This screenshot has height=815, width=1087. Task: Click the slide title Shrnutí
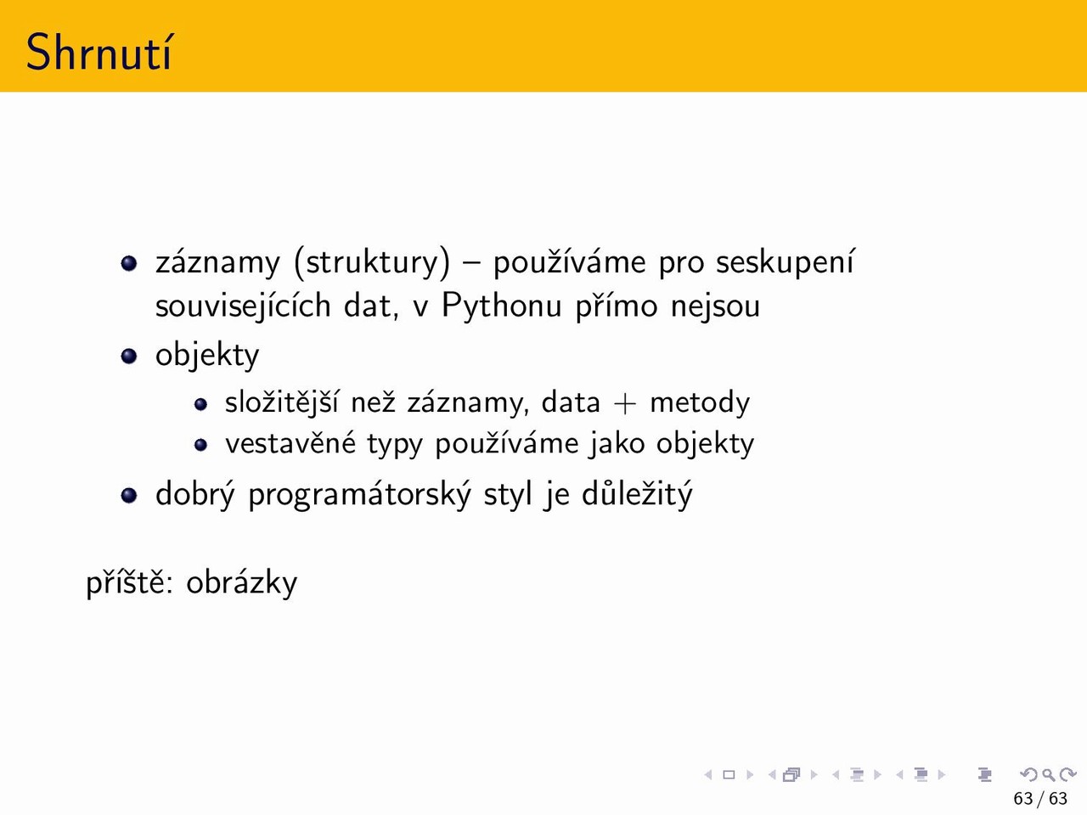click(x=99, y=52)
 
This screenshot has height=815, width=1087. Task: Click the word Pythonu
click(x=502, y=306)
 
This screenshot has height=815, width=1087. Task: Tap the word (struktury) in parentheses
click(x=373, y=261)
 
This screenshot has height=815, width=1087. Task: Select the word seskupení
click(x=785, y=261)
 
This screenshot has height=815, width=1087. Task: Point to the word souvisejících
click(x=243, y=306)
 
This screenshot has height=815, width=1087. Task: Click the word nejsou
click(x=715, y=306)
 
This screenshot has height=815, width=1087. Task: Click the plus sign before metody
click(x=624, y=403)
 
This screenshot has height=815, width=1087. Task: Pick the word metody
click(x=700, y=402)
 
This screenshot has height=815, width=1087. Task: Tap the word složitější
click(x=281, y=402)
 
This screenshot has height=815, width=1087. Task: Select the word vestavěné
click(x=290, y=443)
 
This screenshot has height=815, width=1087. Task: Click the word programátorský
click(x=359, y=494)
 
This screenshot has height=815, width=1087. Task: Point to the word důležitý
click(x=637, y=494)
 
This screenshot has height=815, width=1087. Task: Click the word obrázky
click(x=242, y=582)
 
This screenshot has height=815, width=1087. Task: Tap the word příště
click(x=129, y=582)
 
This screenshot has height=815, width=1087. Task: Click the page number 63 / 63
click(x=1040, y=798)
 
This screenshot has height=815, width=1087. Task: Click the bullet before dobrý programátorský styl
click(x=129, y=495)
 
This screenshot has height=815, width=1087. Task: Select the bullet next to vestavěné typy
click(x=200, y=445)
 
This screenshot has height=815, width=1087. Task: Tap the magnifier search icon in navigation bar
click(x=1048, y=774)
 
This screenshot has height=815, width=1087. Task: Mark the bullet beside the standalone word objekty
click(x=129, y=356)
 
